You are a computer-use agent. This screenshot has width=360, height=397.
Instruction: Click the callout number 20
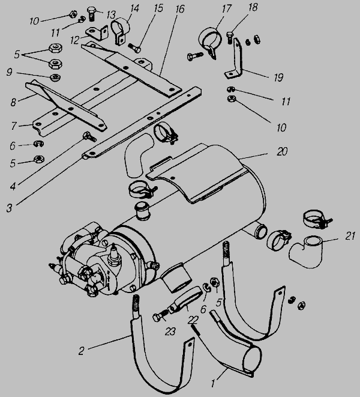(282, 152)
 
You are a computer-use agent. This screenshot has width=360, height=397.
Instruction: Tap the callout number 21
(350, 236)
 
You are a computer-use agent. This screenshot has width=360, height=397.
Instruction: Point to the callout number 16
(179, 9)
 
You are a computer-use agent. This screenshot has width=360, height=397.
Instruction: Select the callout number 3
(9, 208)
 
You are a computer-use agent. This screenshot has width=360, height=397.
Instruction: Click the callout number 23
(170, 332)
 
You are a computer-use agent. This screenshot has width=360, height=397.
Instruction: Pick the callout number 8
(13, 102)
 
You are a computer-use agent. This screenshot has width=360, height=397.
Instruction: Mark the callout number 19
(278, 77)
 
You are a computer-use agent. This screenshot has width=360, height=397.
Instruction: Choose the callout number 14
(134, 8)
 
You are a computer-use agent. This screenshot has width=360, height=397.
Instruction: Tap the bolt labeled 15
(134, 48)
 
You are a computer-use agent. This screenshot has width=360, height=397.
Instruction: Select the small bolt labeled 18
(230, 37)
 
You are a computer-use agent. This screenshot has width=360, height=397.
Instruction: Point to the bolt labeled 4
(89, 136)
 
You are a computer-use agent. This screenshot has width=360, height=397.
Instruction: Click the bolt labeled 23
(160, 315)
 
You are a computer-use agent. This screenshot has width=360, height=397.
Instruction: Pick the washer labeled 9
(55, 77)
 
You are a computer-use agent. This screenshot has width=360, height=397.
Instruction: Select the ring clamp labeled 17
(209, 43)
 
